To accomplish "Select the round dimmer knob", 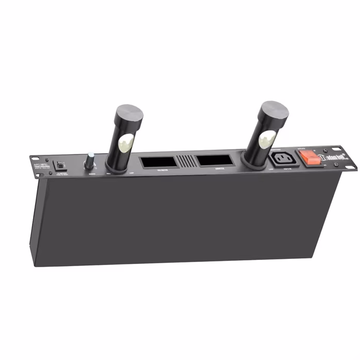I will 91,162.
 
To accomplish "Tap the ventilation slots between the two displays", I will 186,160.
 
